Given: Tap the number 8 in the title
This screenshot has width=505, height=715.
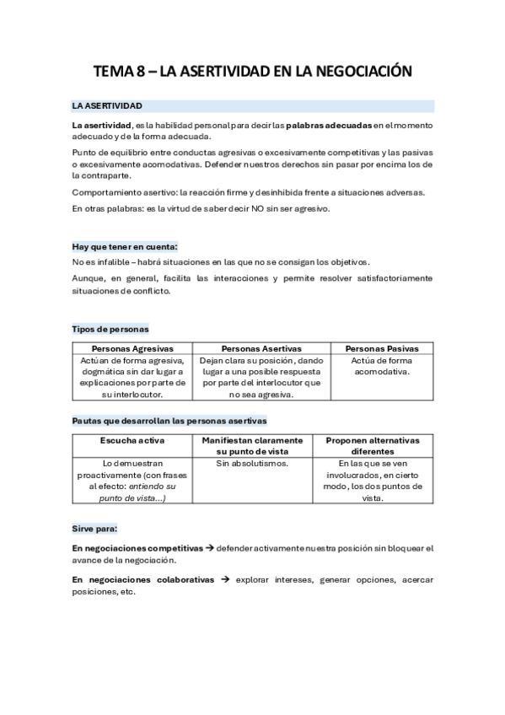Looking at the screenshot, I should coord(137,73).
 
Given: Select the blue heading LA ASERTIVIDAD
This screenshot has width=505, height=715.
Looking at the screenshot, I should coord(107,106).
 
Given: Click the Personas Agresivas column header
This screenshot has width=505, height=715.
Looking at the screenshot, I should coord(132,348).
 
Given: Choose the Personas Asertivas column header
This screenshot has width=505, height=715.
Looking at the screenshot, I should coord(261,348).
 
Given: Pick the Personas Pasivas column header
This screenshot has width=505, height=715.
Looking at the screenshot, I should coord(382,348).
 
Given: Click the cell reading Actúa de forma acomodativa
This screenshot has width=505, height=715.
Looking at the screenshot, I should coord(382,366).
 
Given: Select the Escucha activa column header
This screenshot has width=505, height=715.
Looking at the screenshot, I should coord(132,440).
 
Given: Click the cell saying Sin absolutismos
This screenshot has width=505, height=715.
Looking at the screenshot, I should coord(252,464).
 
